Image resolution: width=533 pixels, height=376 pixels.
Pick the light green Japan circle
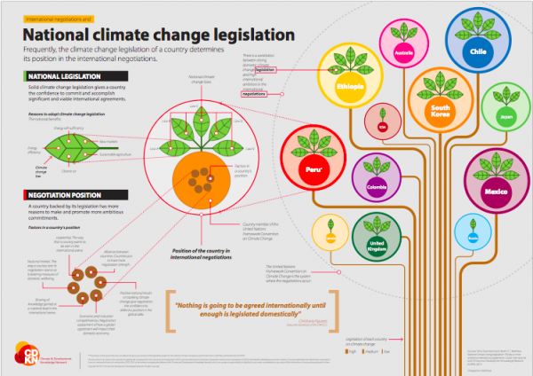point(506,114)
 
